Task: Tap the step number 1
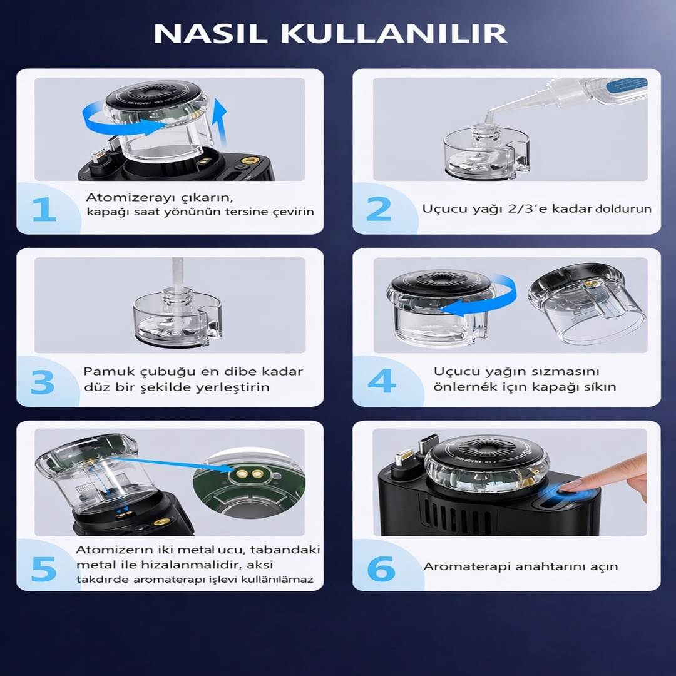44,210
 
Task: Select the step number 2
379,210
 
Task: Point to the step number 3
43,382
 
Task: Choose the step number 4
381,381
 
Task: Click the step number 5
44,568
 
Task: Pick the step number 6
381,569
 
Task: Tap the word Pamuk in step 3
104,371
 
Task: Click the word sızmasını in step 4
570,371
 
